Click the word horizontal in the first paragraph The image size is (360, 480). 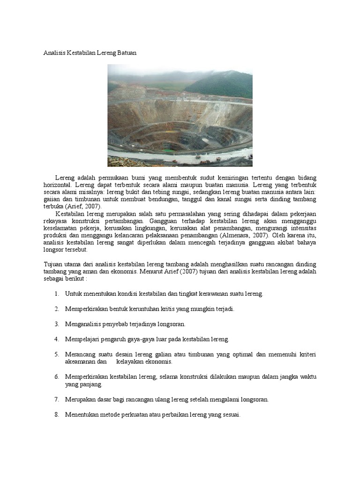pos(58,186)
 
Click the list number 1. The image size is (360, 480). pos(56,294)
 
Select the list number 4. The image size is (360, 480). pos(56,339)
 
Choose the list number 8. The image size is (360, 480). pos(56,415)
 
